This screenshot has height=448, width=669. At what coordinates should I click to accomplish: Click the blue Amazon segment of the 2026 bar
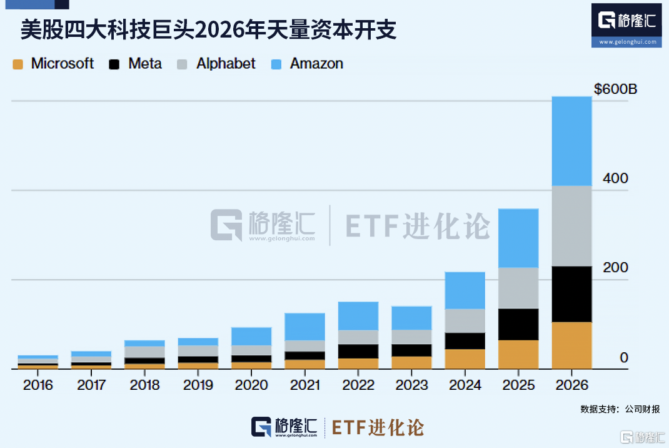pos(571,141)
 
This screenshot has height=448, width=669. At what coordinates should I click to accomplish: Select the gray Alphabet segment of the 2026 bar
pos(571,226)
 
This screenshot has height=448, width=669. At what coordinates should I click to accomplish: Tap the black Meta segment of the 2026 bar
pos(571,294)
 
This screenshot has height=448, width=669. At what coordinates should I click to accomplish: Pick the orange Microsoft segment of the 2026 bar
pos(571,345)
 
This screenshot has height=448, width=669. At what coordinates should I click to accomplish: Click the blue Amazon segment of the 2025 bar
pos(518,238)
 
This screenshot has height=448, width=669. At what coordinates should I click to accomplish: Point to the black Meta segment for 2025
pos(518,324)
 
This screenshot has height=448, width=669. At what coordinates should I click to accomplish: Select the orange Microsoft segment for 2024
pos(465,359)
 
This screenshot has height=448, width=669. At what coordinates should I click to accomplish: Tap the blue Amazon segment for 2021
pos(304,327)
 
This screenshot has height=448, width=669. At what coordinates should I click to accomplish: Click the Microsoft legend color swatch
pos(18,64)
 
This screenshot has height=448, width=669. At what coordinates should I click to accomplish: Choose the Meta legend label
pos(144,64)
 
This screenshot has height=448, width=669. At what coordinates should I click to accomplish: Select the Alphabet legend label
pos(225,64)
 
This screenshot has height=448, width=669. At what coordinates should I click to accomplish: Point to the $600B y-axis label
pos(615,89)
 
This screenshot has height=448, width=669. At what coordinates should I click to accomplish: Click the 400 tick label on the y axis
pos(615,178)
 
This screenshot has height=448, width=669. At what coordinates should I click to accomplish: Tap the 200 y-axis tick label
pos(615,268)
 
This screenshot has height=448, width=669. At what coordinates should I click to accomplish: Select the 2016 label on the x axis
pos(38,385)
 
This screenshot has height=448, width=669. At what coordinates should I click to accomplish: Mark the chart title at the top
pos(209,30)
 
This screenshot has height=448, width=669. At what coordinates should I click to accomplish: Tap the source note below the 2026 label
pos(620,409)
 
